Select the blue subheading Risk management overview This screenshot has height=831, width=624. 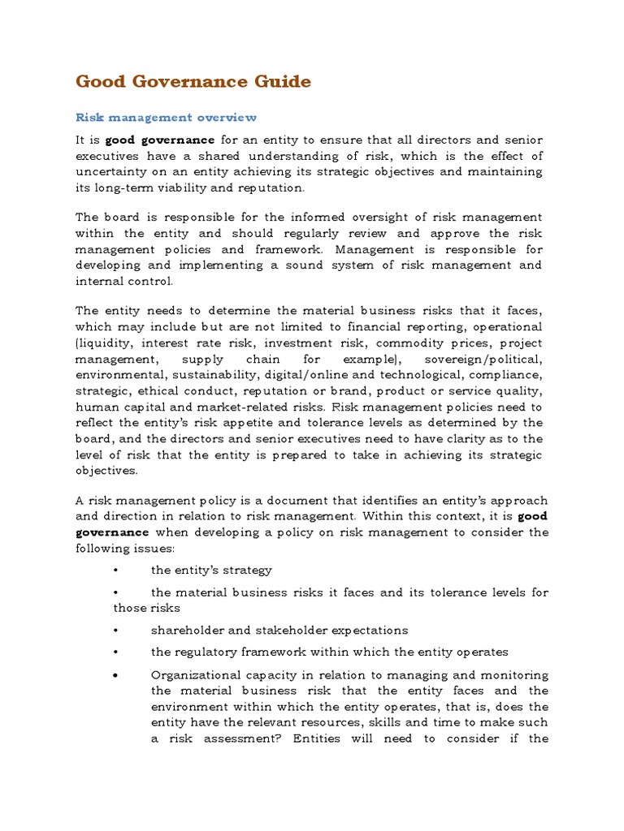click(x=166, y=118)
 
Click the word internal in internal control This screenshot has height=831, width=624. click(x=98, y=281)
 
